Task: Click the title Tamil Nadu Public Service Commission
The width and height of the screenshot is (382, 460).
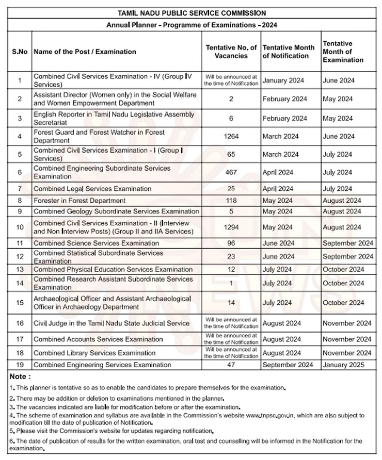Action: coord(191,12)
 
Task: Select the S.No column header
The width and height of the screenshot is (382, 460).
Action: coord(20,52)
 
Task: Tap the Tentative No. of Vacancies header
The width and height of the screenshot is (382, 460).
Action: coord(231,52)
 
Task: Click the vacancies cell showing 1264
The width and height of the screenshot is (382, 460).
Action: coord(231,137)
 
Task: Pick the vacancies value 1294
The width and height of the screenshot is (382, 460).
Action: coord(231,227)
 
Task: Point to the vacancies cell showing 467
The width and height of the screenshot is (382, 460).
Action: coord(231,172)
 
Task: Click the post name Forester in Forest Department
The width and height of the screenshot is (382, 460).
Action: coord(79,201)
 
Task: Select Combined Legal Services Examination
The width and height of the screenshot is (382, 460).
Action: coord(92,189)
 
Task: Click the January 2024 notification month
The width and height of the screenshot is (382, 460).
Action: coord(283,80)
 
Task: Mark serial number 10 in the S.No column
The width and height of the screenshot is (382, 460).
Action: coord(20,227)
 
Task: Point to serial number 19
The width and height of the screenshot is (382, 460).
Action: coord(20,365)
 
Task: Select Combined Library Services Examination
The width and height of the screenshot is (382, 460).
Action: coord(94,353)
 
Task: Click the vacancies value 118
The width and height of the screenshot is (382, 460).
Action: coord(231,201)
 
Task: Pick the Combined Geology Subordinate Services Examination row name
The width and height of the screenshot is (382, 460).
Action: coord(116,211)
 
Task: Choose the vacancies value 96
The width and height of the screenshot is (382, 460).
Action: coord(231,243)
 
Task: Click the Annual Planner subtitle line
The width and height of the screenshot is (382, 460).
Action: coord(191,25)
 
